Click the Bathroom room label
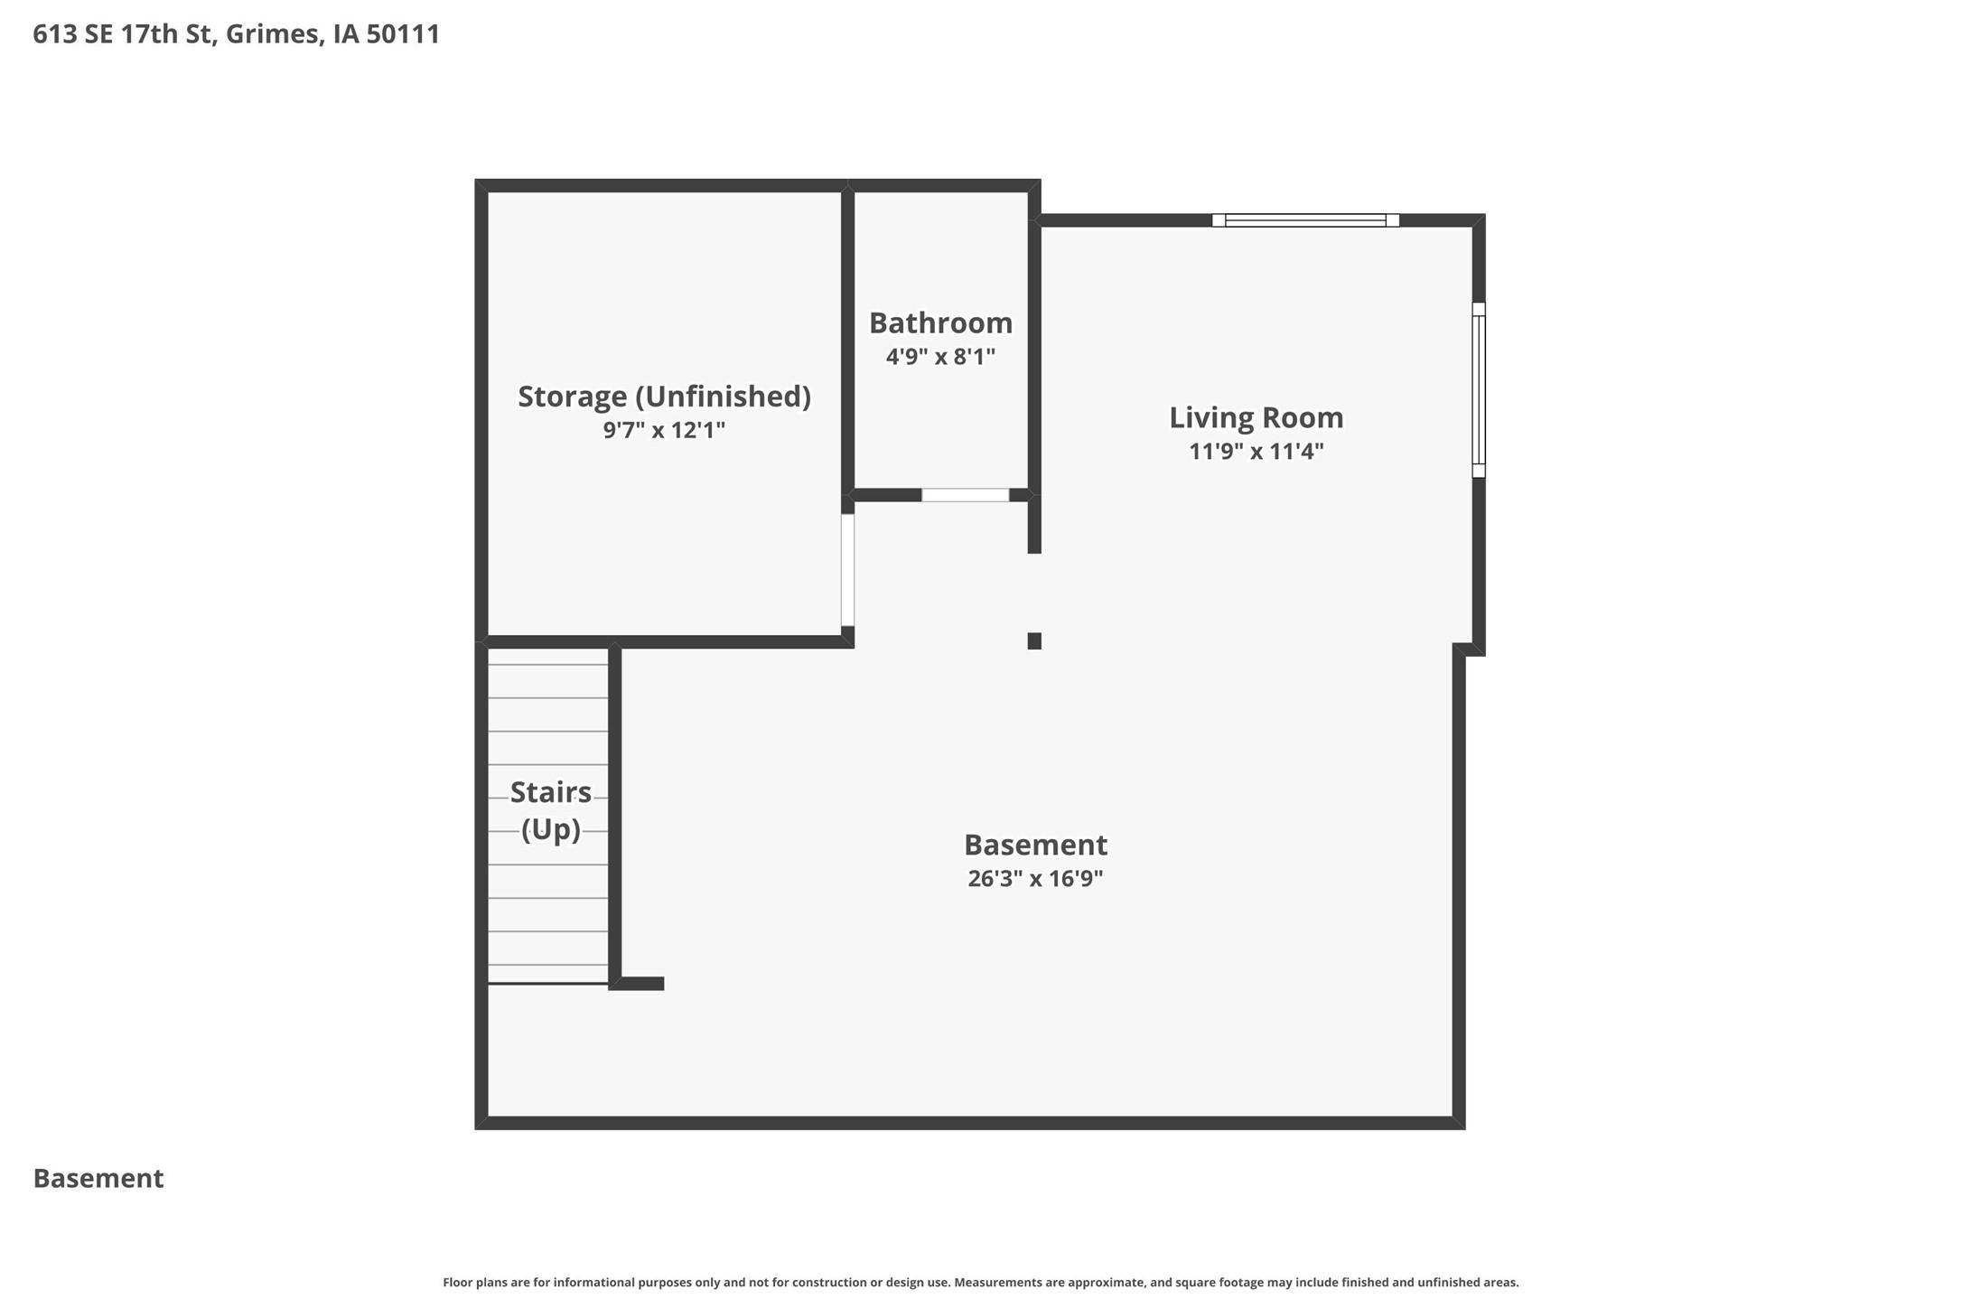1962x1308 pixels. [940, 322]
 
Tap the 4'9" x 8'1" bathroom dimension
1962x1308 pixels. [940, 357]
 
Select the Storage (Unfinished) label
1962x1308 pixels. [664, 397]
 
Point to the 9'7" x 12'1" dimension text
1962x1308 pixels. [664, 430]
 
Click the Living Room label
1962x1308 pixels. [1256, 417]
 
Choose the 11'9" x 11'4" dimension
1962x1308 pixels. [1256, 451]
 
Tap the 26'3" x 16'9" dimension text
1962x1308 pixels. [1035, 878]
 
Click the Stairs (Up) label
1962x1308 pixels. [550, 810]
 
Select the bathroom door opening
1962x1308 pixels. [965, 495]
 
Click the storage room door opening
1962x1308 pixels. [847, 570]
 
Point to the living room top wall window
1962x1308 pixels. [1305, 220]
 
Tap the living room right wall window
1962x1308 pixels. [1479, 390]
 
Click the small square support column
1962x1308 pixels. [1034, 641]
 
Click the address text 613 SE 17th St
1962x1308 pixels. [123, 34]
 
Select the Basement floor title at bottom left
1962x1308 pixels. [98, 1178]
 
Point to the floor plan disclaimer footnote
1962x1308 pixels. [980, 1282]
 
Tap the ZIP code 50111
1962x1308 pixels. [403, 34]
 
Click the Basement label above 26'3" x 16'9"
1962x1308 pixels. [1035, 845]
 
